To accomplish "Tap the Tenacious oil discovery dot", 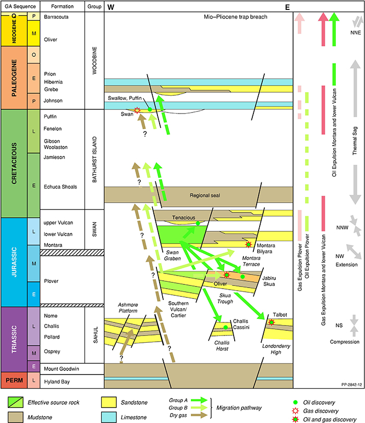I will point(198,223).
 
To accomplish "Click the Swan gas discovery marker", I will point(137,110).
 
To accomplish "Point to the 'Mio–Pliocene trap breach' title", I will point(236,17).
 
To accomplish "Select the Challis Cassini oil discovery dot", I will point(225,327).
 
